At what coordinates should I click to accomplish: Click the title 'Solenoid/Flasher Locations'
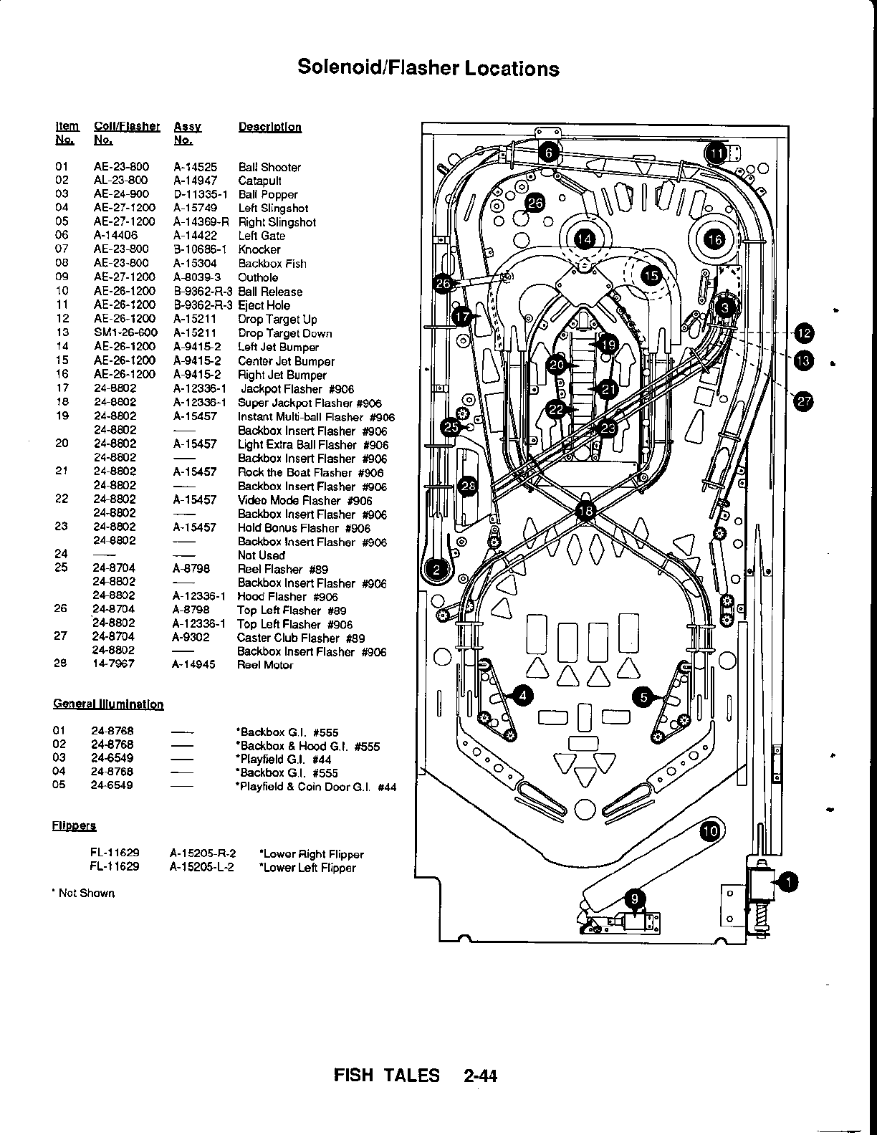428,68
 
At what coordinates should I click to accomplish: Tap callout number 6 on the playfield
549,153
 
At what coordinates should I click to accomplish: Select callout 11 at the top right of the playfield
717,153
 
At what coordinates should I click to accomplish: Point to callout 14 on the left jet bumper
585,239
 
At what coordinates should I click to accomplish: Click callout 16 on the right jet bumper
715,239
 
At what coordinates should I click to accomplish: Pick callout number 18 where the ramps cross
585,510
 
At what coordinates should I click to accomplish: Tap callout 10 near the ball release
710,831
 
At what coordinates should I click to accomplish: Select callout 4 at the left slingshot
524,695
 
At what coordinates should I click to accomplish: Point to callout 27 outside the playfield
804,402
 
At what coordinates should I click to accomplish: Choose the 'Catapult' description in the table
259,181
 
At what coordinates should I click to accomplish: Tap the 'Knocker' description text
259,249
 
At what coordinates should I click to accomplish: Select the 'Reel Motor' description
265,665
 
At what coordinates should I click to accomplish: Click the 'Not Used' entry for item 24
261,555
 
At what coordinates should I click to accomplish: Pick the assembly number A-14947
195,181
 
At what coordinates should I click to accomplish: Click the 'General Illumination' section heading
108,704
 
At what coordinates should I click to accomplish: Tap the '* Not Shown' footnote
84,893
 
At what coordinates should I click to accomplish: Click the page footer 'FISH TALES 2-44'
416,1075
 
